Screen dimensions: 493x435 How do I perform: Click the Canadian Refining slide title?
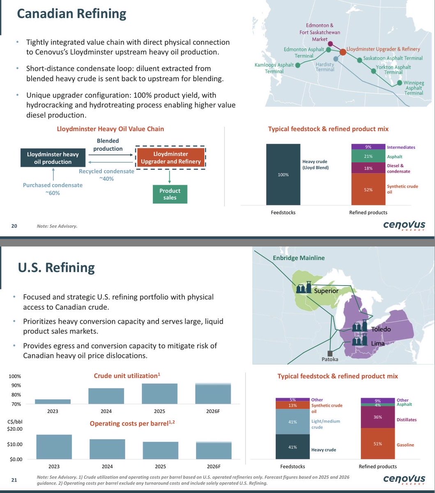[71, 14]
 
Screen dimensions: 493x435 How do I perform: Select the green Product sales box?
[170, 194]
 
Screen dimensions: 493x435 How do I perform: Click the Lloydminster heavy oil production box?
[50, 158]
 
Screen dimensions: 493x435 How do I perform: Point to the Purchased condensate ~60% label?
[53, 189]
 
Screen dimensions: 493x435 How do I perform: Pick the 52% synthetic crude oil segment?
[368, 189]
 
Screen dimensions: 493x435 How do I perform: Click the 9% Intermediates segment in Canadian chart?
[368, 147]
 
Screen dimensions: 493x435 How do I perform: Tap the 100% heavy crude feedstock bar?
[283, 174]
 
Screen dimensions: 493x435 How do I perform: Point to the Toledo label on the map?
[381, 329]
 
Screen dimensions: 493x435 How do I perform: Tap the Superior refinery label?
[326, 291]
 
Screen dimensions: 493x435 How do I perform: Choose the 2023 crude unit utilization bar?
[53, 401]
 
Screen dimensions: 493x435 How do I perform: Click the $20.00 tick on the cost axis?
[15, 429]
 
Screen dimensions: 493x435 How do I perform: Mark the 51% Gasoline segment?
[377, 444]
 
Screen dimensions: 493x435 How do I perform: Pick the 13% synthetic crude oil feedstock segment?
[292, 405]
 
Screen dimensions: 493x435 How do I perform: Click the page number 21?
[14, 479]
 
